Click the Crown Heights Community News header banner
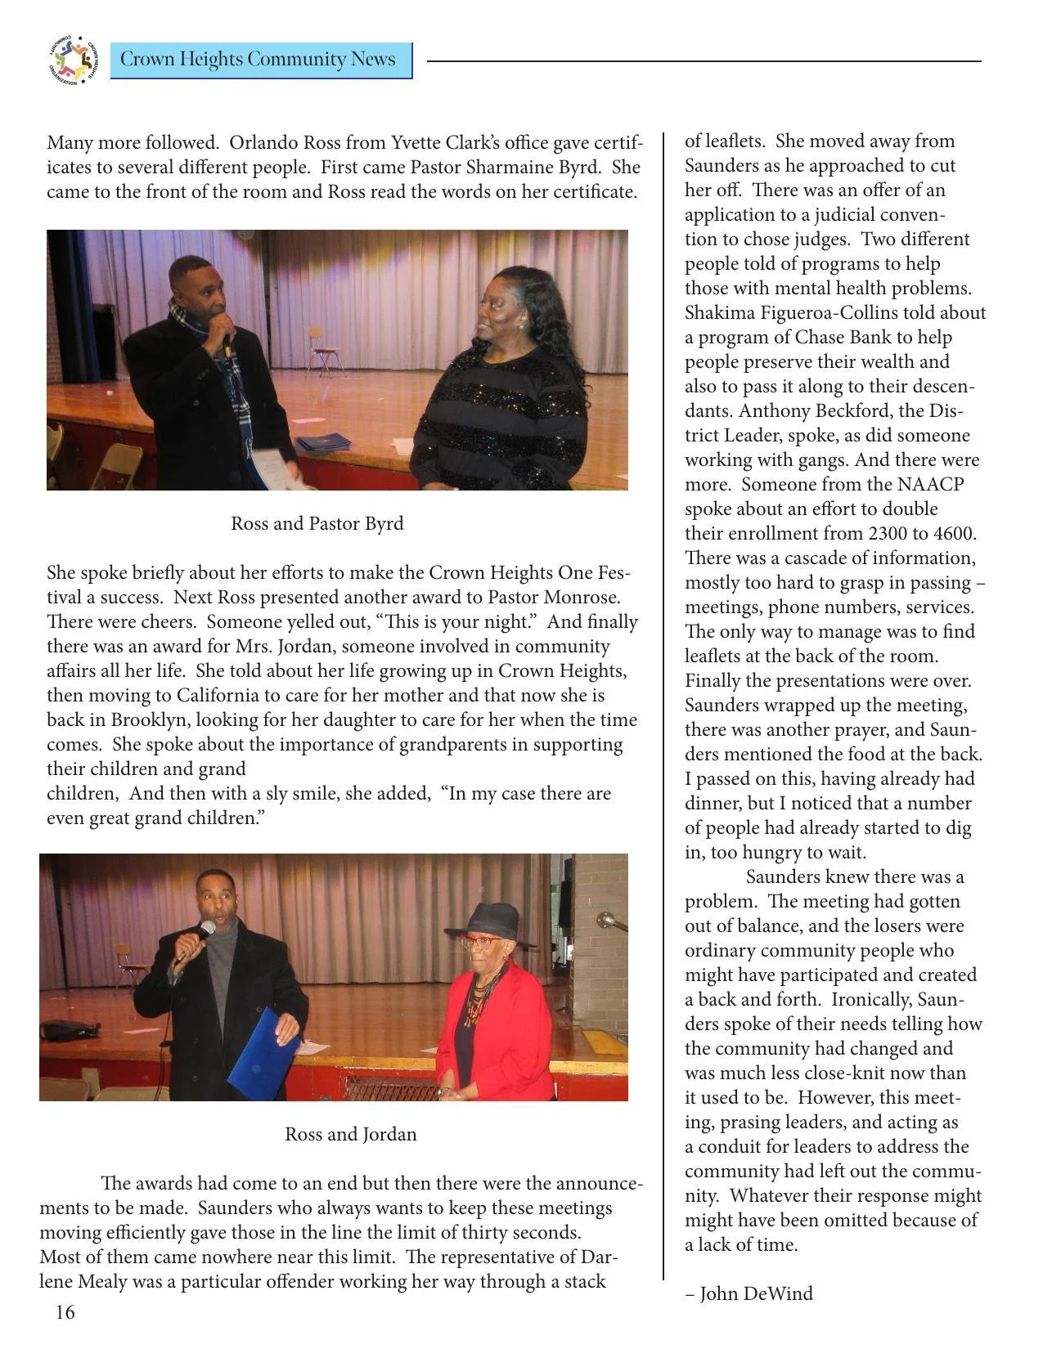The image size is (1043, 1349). [260, 61]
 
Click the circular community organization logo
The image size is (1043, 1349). [72, 61]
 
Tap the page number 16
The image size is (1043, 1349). [65, 1312]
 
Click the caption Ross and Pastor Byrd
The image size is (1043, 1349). [317, 523]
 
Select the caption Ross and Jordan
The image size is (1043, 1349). [350, 1134]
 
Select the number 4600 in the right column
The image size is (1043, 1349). [953, 533]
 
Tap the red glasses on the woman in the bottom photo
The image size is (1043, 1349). [479, 942]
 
